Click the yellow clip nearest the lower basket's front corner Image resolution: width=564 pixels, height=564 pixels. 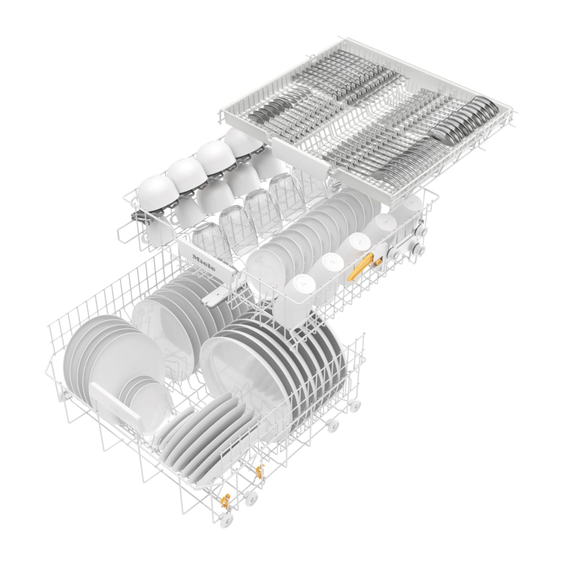click(225, 500)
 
